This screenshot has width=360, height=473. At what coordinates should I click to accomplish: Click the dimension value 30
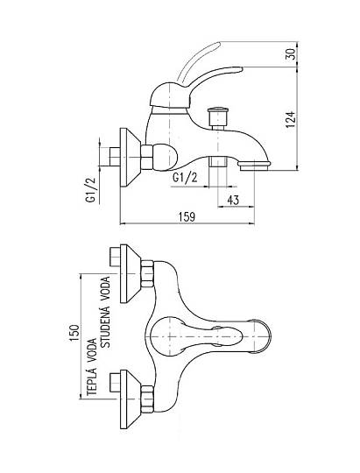291,53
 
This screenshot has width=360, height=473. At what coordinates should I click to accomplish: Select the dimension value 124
290,119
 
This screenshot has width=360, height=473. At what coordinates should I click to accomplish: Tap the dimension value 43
233,200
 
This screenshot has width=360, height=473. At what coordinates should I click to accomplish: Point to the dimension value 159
187,217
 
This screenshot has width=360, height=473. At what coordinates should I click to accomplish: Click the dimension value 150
74,333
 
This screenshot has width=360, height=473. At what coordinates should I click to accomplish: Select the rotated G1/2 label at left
90,189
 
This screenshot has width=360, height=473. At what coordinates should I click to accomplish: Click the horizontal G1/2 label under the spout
185,177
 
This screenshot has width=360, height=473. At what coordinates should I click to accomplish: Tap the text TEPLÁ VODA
92,367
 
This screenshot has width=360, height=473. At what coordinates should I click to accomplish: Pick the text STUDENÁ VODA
106,312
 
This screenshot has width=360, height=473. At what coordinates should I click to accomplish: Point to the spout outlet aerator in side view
254,166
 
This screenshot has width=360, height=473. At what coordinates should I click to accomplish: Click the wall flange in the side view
130,158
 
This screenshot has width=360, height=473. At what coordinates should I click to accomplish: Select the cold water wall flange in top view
130,273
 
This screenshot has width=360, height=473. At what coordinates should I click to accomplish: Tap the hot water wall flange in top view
130,399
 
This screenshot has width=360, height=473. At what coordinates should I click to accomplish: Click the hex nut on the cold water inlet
147,273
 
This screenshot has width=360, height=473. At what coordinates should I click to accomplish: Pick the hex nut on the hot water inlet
147,399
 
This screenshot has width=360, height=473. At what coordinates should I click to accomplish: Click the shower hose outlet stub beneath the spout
218,161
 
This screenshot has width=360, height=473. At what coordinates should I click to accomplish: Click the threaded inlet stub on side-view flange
115,157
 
